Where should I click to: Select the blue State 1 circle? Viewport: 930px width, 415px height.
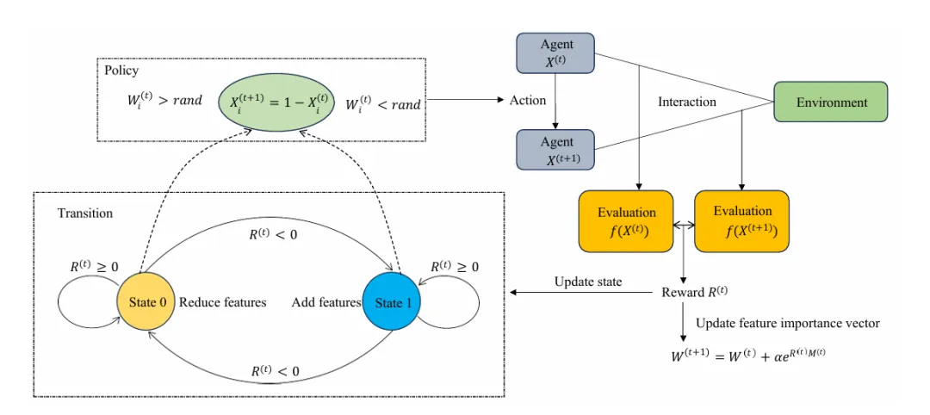(x=393, y=302)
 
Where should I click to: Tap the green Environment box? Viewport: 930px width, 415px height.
(x=831, y=102)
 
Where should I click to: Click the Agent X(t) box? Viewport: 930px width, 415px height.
(x=556, y=54)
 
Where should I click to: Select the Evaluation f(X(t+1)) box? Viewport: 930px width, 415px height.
(x=741, y=220)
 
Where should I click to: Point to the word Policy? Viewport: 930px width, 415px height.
(x=121, y=70)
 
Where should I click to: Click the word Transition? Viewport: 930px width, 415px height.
(x=85, y=213)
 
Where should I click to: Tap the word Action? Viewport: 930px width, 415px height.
(x=527, y=101)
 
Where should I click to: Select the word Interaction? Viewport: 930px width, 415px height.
(x=686, y=102)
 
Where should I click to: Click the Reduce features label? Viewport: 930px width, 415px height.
(x=223, y=302)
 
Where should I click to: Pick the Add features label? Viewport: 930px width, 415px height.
(x=325, y=302)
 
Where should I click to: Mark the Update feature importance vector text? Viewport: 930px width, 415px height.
(x=787, y=324)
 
